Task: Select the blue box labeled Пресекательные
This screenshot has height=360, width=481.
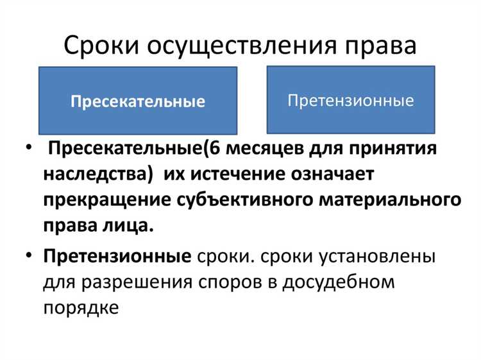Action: click(x=137, y=101)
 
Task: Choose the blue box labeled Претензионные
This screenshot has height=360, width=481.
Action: click(x=350, y=100)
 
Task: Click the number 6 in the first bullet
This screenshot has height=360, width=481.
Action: click(x=210, y=150)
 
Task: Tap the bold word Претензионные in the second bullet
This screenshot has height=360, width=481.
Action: click(x=117, y=256)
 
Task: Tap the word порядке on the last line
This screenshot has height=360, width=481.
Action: click(x=81, y=307)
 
